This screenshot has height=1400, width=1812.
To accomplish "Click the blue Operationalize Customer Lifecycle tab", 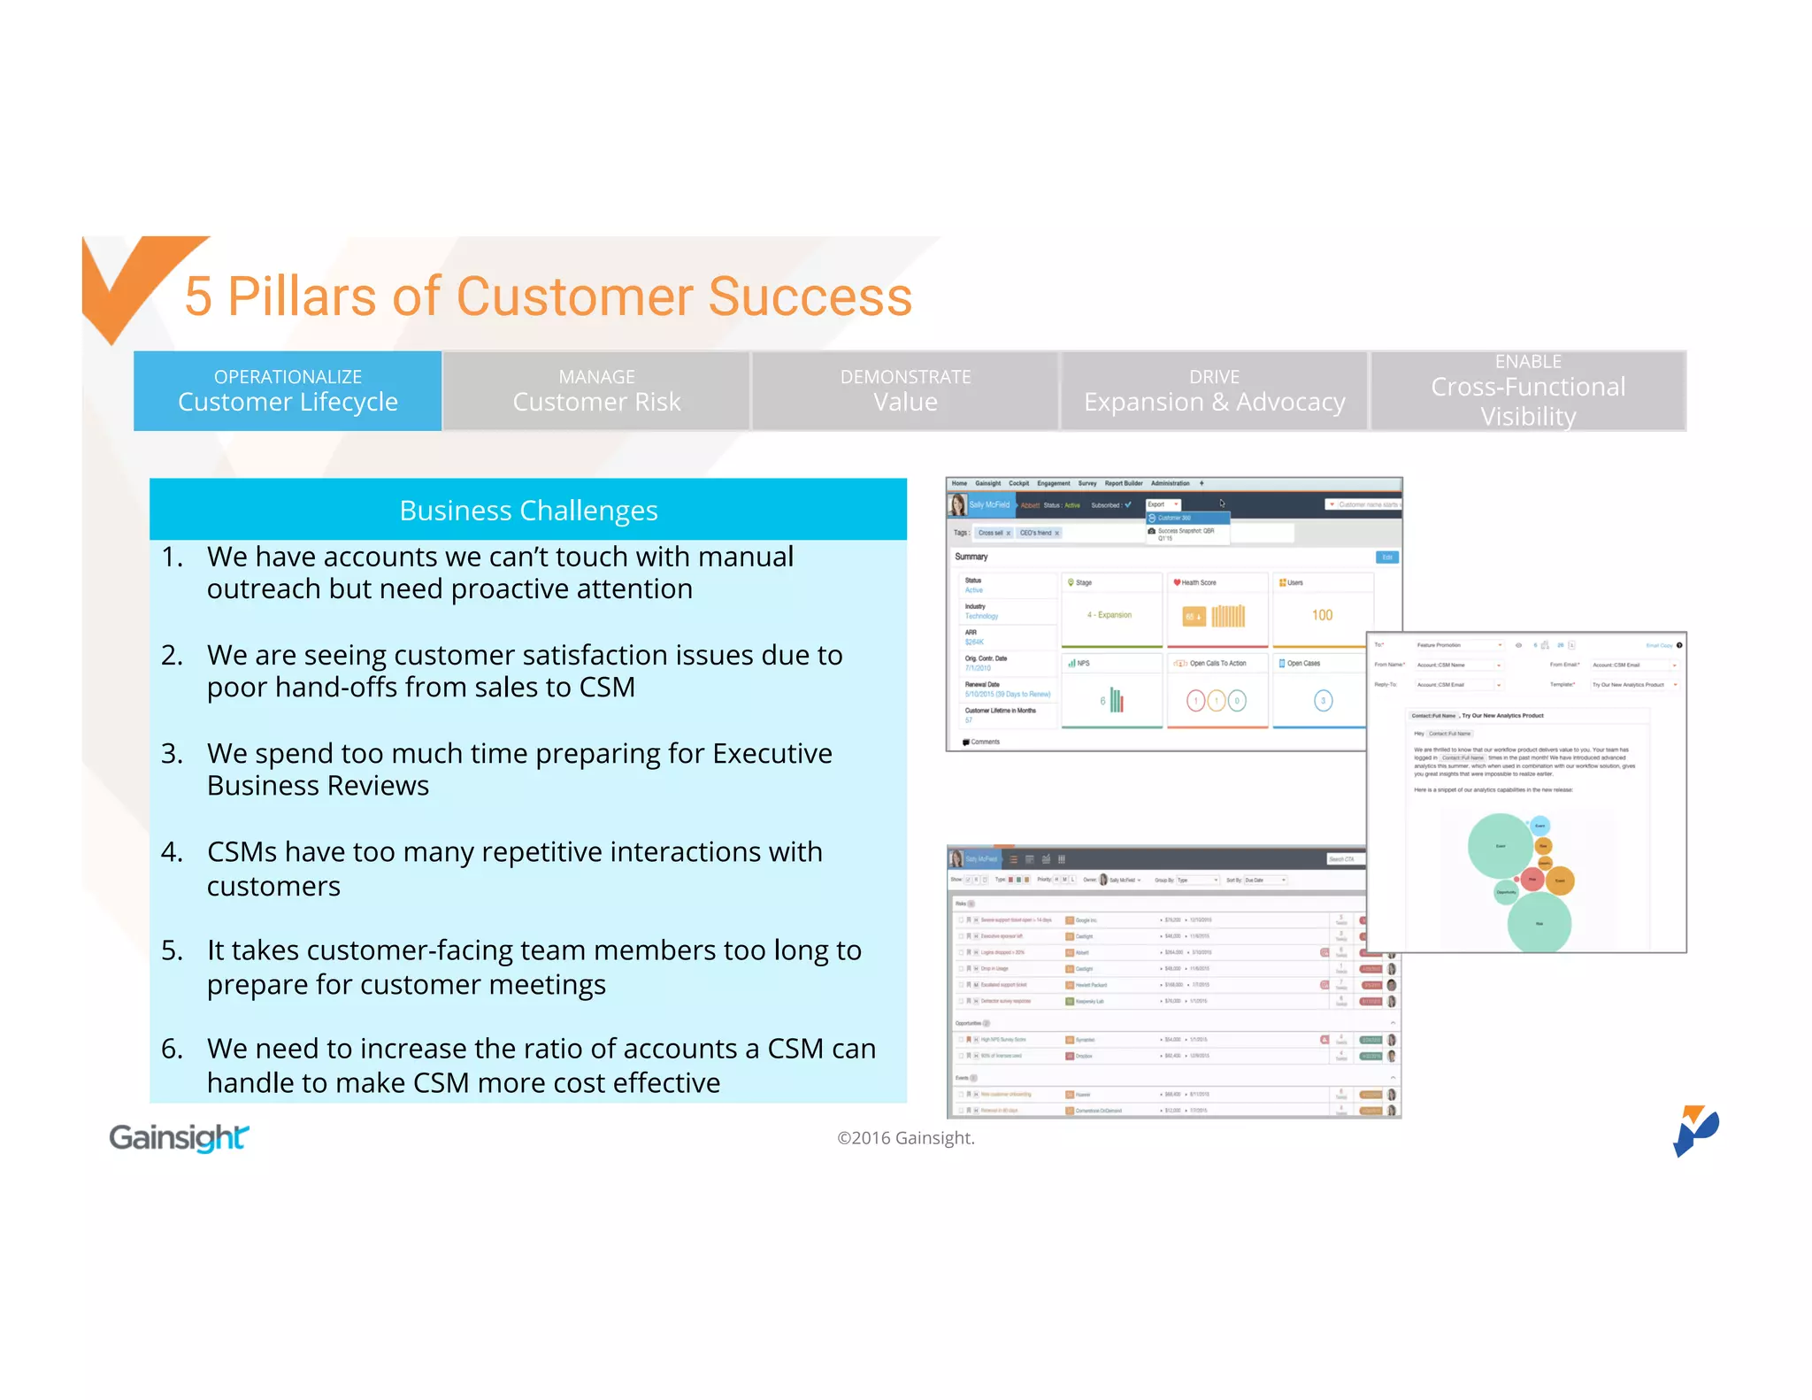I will [288, 391].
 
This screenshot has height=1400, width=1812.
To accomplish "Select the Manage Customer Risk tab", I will [596, 391].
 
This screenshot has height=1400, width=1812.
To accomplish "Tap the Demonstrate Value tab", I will [905, 391].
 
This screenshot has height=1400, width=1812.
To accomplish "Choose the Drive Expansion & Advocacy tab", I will [1214, 391].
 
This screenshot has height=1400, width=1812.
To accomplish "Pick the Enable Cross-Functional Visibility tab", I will [1528, 391].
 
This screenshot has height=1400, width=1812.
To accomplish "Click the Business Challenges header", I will [528, 511].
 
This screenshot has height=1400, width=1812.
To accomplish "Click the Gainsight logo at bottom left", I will [179, 1137].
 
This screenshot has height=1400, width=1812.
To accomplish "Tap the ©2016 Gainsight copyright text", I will [905, 1138].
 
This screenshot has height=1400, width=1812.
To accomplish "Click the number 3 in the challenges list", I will [172, 753].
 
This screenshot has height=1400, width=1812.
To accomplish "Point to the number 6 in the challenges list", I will [172, 1049].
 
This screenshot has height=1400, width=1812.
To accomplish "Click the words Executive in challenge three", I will [772, 753].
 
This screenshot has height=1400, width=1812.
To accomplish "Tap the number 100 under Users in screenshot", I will [1322, 615].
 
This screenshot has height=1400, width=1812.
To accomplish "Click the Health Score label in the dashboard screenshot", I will [1198, 582].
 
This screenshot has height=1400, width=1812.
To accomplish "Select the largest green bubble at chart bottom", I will [1539, 922].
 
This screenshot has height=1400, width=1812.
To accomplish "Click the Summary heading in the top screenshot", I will [971, 557].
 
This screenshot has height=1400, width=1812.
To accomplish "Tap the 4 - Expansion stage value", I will [1109, 615].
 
